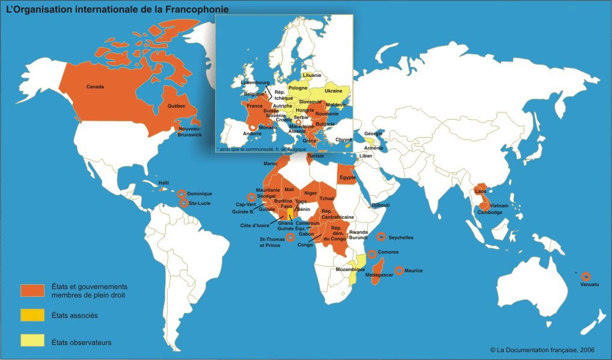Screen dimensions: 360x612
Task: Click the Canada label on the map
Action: (x=95, y=87)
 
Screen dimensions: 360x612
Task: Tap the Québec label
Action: (x=176, y=106)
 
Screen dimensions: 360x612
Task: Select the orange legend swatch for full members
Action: (x=32, y=290)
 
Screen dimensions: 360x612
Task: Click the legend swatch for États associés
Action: (x=32, y=315)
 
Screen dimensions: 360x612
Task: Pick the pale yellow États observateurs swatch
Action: (x=32, y=341)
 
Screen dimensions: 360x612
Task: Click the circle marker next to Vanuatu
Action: (x=586, y=276)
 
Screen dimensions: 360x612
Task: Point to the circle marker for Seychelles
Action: (x=381, y=237)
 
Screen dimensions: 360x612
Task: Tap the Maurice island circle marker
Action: (x=399, y=270)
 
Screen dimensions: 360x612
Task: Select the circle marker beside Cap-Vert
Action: (x=251, y=197)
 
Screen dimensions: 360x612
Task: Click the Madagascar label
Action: (x=379, y=275)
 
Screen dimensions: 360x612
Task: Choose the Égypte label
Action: (x=349, y=177)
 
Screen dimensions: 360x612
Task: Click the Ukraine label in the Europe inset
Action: (x=334, y=91)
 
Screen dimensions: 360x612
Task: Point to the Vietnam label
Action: (x=500, y=206)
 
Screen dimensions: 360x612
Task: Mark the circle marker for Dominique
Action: (x=182, y=194)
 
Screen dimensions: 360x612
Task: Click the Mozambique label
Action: (x=350, y=269)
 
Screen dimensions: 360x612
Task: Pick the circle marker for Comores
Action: (x=373, y=254)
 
